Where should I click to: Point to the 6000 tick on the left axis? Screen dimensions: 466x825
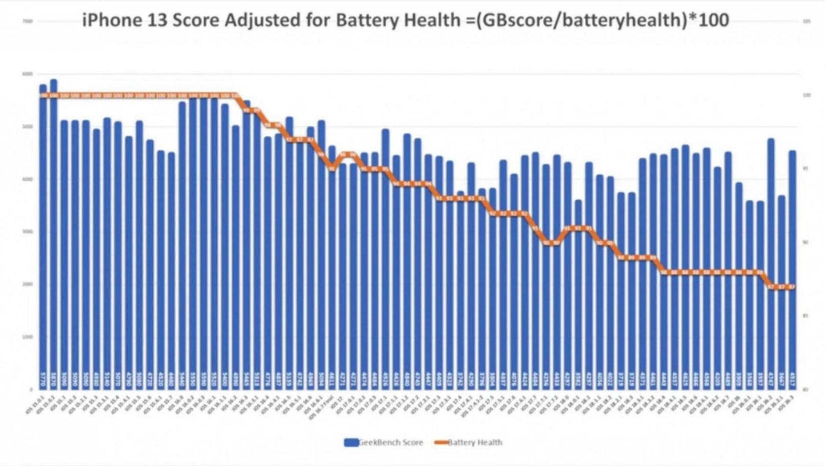28,74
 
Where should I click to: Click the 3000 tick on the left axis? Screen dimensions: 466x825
28,232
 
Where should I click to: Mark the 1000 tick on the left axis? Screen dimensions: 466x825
28,337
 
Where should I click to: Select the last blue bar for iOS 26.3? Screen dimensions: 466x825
792,267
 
